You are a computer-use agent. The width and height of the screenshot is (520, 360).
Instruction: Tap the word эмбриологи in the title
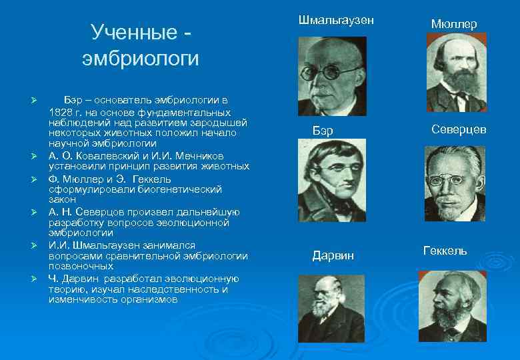coord(141,59)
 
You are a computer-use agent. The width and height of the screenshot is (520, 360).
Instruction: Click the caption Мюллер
coord(454,24)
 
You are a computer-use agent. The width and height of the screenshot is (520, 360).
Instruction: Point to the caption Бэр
coord(323,130)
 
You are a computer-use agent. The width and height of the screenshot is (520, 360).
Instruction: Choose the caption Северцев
coord(459,129)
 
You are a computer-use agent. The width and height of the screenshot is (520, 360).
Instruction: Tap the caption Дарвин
coord(333,255)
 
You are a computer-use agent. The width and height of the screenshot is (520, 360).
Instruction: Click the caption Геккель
coord(445,251)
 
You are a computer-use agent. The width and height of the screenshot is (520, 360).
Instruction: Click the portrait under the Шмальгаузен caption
coord(331,75)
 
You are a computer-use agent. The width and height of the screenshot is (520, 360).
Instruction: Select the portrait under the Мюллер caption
coord(457,72)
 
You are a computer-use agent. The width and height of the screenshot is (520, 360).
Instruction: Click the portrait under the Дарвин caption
coord(331,309)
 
